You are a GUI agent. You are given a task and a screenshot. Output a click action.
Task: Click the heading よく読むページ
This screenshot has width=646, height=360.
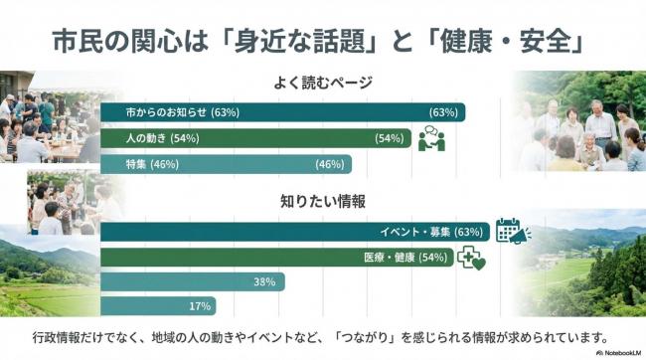(x=322, y=85)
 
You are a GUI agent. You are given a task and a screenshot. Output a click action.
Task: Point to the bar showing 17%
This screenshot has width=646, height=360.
(x=158, y=306)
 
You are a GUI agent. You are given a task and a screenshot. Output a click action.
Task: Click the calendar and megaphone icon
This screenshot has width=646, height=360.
(x=512, y=232)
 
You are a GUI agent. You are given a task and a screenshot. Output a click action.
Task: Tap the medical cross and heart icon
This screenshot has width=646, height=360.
(x=469, y=260)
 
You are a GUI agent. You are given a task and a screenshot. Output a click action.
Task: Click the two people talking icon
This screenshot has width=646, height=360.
(x=431, y=139)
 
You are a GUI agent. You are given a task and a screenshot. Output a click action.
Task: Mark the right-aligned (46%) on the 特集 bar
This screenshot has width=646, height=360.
(x=329, y=164)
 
